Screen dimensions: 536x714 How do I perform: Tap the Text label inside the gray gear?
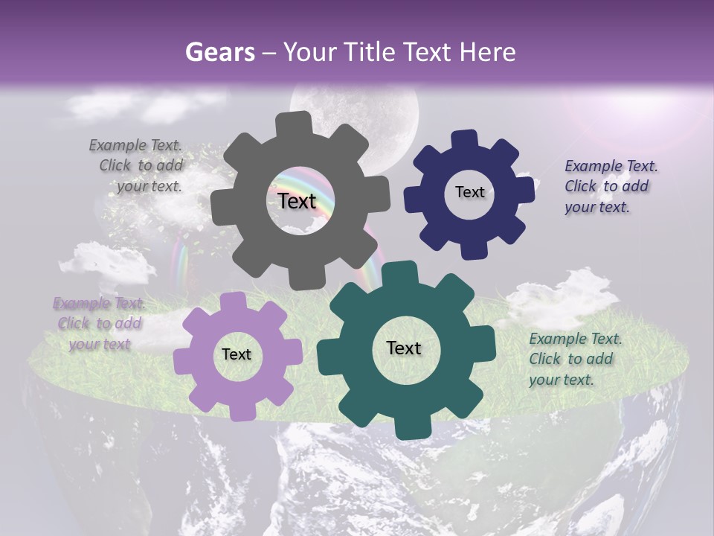297,201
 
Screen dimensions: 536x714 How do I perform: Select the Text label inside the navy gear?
469,192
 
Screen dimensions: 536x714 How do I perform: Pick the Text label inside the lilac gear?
237,354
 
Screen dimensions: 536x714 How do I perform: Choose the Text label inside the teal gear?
403,348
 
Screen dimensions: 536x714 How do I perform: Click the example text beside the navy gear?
610,186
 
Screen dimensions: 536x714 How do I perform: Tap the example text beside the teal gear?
574,359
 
